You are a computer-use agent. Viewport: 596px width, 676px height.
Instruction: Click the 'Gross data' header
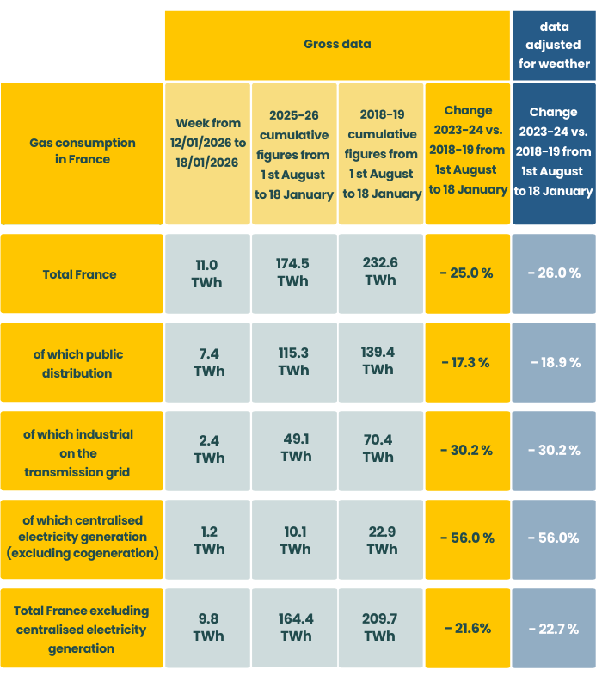[x=337, y=44]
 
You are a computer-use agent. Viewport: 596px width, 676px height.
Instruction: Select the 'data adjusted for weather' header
[x=554, y=45]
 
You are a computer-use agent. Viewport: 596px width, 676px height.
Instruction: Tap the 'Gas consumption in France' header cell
[x=82, y=151]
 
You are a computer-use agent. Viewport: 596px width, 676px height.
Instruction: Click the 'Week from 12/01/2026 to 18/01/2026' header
[x=208, y=152]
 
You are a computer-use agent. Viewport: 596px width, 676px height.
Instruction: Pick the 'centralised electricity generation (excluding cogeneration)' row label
[x=82, y=537]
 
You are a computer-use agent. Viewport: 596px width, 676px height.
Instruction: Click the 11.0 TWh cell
[x=208, y=273]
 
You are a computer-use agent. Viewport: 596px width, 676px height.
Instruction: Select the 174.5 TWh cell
[x=294, y=273]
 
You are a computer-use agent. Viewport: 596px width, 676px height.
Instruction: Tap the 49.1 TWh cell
[x=294, y=448]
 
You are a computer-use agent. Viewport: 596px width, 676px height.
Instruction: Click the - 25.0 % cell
[x=466, y=273]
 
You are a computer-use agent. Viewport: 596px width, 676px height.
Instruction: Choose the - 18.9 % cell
[x=554, y=363]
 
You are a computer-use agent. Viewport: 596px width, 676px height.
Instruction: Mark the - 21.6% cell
[x=466, y=629]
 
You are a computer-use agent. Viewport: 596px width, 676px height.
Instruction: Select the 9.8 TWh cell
[x=208, y=628]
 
